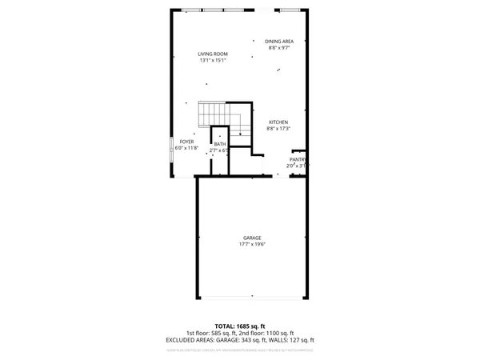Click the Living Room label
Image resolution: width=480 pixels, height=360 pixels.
[213, 54]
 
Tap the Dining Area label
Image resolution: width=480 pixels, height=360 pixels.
[279, 42]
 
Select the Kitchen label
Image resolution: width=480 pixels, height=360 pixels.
[278, 122]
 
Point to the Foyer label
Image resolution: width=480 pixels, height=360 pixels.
[187, 142]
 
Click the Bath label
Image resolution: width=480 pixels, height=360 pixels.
[219, 144]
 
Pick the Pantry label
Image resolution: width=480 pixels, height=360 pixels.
[298, 159]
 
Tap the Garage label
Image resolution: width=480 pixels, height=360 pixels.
[253, 238]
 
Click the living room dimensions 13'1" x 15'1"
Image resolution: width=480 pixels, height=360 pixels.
[213, 60]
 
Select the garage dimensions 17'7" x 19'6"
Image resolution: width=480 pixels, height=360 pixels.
[253, 244]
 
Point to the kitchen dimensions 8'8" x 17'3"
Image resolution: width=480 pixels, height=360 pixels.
[278, 129]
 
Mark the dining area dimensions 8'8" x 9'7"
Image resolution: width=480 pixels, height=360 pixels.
[279, 48]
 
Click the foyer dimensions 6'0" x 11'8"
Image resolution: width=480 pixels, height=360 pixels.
[187, 148]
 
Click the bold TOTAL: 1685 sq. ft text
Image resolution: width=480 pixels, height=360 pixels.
[240, 326]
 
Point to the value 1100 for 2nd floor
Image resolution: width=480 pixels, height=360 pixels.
[270, 333]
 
